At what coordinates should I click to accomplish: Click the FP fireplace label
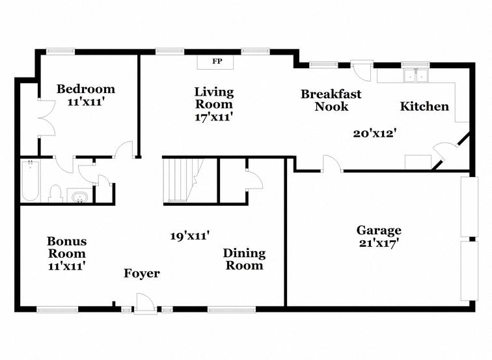click(x=217, y=61)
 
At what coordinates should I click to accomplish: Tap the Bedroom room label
click(x=86, y=89)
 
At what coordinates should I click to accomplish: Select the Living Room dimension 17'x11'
click(x=213, y=117)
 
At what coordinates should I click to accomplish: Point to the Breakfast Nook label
click(x=331, y=100)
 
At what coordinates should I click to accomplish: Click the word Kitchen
click(x=424, y=106)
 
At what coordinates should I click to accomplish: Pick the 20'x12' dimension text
click(x=374, y=133)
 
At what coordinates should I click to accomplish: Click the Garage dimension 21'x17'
click(x=379, y=243)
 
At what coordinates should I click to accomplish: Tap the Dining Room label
click(x=245, y=259)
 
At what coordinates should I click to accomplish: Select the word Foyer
click(x=142, y=273)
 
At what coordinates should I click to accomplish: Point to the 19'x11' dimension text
click(x=190, y=236)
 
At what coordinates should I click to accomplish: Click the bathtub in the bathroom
click(x=30, y=181)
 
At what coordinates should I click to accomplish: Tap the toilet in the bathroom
click(x=55, y=193)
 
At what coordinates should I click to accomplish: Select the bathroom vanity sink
click(x=79, y=197)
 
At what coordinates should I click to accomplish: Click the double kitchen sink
click(x=417, y=76)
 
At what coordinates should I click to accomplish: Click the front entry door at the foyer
click(x=145, y=303)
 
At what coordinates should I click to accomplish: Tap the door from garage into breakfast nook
click(x=333, y=163)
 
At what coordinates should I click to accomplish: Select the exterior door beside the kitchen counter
click(x=361, y=70)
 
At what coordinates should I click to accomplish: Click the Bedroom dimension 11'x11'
click(x=86, y=102)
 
